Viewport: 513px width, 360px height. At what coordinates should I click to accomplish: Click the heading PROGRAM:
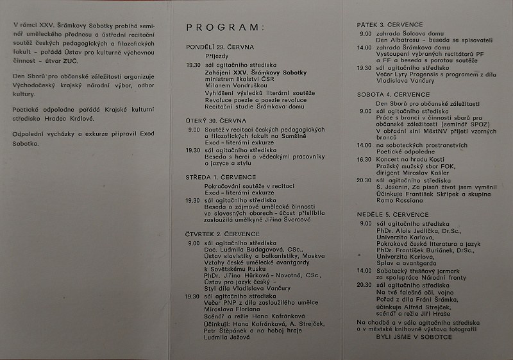coord(224,28)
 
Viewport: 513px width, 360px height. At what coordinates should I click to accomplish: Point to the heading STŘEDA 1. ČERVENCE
coord(221,177)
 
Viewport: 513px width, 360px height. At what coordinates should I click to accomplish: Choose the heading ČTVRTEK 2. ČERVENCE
coord(223,235)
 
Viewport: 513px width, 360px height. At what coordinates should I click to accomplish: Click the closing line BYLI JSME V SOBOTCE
coord(414,336)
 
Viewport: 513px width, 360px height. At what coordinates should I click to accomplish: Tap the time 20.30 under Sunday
coord(365,284)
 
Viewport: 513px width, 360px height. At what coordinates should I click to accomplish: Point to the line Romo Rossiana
coord(401,201)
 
